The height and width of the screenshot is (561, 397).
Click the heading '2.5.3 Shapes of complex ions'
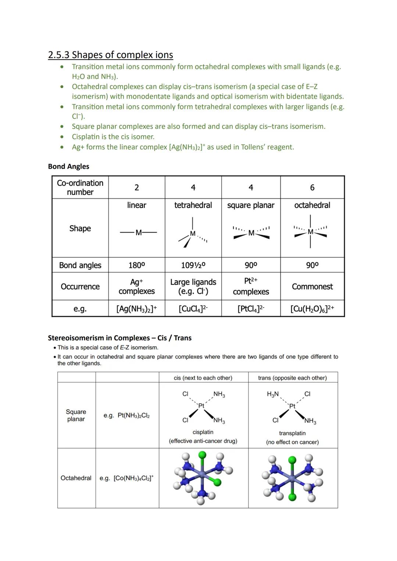110,55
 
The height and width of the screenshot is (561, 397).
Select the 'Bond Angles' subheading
68,166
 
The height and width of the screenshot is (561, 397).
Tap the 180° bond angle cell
136,265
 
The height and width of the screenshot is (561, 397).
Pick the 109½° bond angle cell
193,265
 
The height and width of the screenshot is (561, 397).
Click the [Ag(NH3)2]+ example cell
136,309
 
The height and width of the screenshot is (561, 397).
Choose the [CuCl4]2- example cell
193,309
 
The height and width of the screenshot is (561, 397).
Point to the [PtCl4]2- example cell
251,309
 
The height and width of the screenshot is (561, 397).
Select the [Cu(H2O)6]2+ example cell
312,309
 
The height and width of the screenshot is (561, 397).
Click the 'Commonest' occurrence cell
312,287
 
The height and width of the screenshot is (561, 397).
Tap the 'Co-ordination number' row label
80,187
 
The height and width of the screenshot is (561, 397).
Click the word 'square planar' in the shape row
251,205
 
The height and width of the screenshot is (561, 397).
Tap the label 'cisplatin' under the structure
203,432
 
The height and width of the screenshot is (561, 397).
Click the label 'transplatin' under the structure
292,433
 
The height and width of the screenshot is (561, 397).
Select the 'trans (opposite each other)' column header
292,378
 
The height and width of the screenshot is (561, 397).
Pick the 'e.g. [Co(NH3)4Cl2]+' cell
126,478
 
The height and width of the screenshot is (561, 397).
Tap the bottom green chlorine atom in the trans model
292,497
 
